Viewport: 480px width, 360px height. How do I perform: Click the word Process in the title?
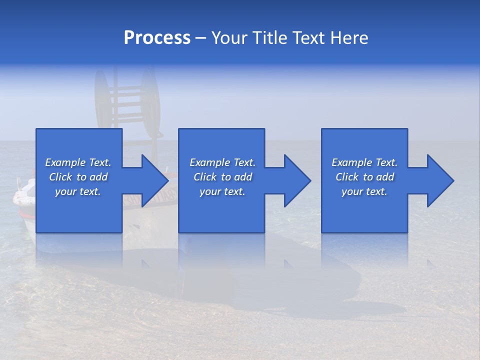(x=157, y=38)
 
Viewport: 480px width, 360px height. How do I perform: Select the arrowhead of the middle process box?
(x=296, y=180)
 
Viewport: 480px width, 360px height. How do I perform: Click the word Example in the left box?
(x=64, y=162)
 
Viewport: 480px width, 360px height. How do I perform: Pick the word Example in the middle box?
(x=209, y=162)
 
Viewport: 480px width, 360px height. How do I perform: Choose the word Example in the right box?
(x=351, y=162)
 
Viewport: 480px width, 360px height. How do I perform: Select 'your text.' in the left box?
(x=78, y=191)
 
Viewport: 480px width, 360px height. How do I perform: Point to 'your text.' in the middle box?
(x=222, y=191)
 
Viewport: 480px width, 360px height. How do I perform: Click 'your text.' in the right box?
(x=364, y=191)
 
